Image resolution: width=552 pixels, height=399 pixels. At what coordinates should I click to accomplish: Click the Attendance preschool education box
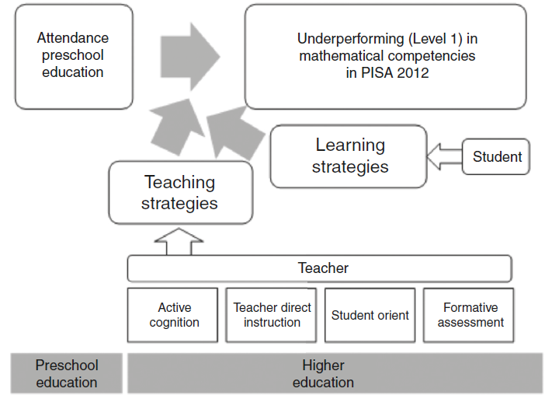click(x=73, y=56)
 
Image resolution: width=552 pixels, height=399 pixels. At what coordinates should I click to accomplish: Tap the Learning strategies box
click(x=349, y=156)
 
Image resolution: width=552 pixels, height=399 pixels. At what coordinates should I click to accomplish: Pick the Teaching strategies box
click(x=180, y=192)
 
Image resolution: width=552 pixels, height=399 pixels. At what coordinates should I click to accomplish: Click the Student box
click(x=497, y=157)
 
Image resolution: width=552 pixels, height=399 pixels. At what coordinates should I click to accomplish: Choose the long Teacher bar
click(x=320, y=268)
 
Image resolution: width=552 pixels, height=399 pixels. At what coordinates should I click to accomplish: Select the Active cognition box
click(x=174, y=315)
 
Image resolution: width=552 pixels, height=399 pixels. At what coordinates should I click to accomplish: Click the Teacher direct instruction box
click(x=272, y=315)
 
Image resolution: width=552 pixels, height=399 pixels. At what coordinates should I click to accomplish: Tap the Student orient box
click(x=370, y=315)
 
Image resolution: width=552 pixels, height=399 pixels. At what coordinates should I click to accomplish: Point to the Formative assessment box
click(x=468, y=315)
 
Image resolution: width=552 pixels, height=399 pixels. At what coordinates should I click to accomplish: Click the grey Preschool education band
click(x=67, y=373)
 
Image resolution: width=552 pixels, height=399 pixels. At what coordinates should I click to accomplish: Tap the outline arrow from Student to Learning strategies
click(x=445, y=157)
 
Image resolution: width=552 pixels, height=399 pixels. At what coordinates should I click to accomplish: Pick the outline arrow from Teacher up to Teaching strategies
click(x=179, y=242)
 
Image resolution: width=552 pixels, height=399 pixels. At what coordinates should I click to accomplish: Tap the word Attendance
click(x=73, y=38)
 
